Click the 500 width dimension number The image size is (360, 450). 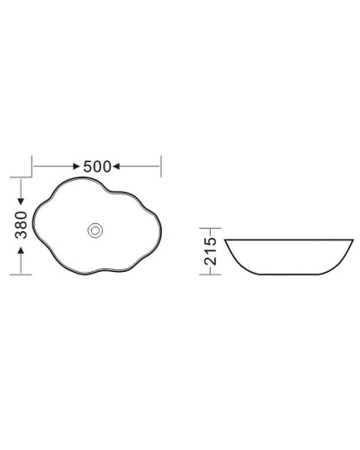click(x=96, y=166)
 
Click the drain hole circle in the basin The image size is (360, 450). click(x=94, y=229)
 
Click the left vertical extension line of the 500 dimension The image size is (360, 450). click(x=33, y=166)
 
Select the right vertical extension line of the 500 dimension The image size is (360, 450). click(x=160, y=166)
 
